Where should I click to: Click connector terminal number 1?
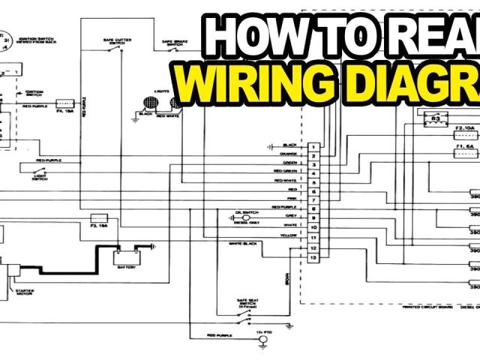(x=313, y=145)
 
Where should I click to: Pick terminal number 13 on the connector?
(x=313, y=258)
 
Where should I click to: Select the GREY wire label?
(x=291, y=216)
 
